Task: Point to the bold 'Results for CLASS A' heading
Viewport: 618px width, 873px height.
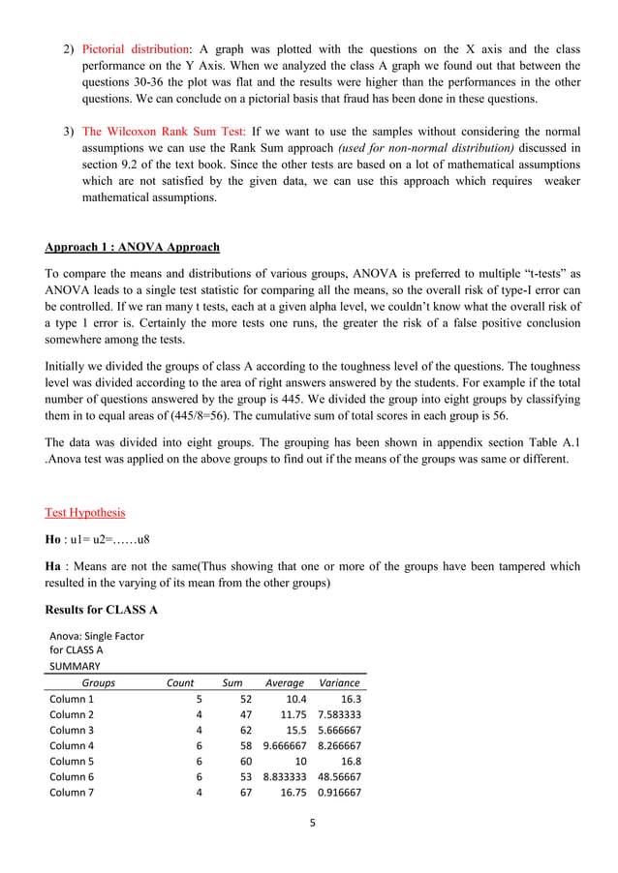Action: click(102, 610)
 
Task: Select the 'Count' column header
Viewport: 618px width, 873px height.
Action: click(180, 682)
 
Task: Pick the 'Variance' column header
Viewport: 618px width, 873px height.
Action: click(339, 682)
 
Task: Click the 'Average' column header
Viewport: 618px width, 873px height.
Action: click(285, 682)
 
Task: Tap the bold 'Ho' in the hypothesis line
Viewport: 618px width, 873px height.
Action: click(54, 539)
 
